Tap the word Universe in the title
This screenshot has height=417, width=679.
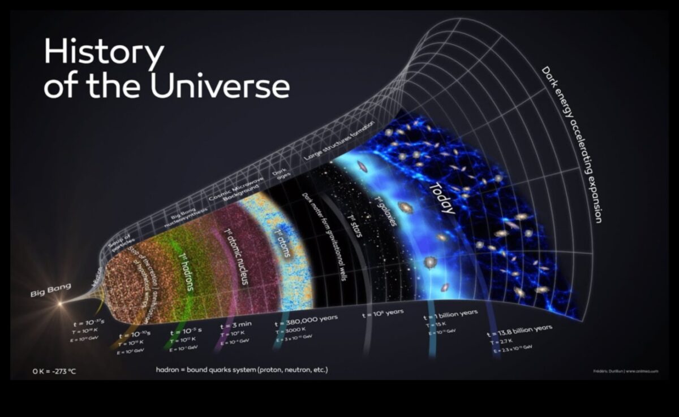(x=220, y=86)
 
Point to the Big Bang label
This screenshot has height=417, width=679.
(x=51, y=290)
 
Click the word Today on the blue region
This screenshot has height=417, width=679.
(x=442, y=198)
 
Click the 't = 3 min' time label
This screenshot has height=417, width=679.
(x=235, y=325)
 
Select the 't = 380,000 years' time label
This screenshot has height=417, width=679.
(x=306, y=320)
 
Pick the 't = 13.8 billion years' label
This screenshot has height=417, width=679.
(x=519, y=331)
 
